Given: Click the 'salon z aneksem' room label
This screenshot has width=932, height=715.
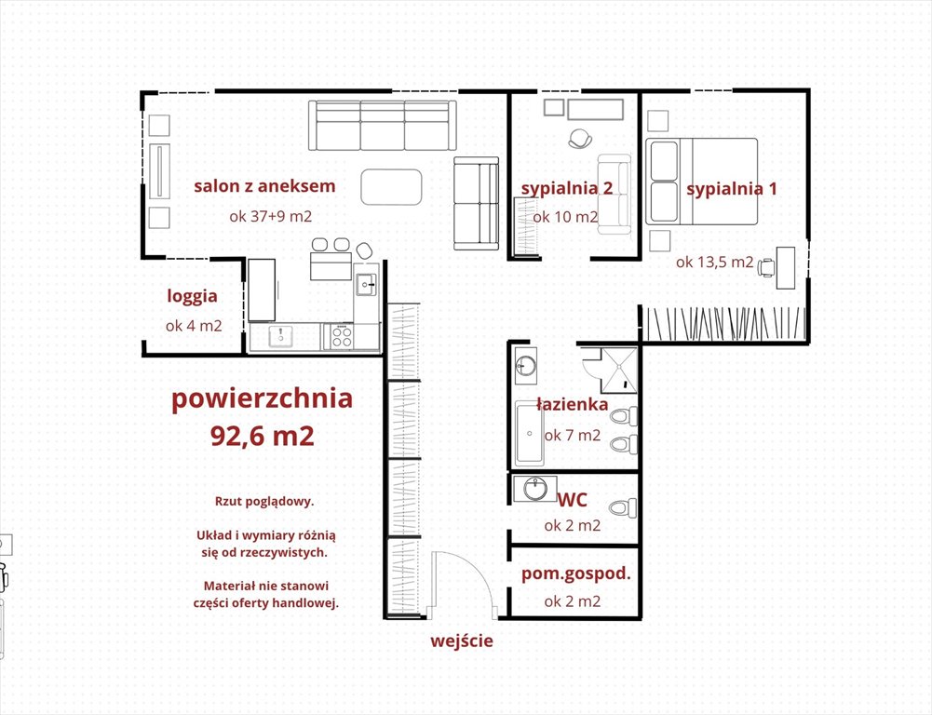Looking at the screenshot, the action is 264,186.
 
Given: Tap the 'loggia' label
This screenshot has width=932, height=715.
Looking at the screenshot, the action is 192,296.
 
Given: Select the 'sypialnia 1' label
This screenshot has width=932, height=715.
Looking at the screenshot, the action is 732,189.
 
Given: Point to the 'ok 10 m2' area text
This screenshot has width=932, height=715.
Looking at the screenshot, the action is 565,217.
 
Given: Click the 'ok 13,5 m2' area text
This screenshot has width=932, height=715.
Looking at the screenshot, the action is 714,262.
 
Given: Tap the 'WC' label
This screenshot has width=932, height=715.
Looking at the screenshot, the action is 573,500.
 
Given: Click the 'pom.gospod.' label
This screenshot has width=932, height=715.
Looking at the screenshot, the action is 576,574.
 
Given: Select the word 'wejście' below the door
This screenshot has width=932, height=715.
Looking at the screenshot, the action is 462,641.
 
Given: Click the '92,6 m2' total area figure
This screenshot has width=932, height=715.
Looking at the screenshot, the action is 263,436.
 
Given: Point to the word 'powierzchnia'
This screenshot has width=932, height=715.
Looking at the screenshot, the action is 263,398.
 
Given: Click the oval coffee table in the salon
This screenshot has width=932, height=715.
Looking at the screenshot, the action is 392,187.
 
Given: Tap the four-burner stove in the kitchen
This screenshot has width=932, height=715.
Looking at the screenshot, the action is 342,337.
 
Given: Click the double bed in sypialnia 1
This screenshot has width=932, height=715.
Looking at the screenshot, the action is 701,182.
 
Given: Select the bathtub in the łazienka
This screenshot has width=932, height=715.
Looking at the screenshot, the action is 530,433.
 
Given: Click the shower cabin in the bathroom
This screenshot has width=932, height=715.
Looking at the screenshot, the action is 619,371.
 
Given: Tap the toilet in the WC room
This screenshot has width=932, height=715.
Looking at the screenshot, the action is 624,508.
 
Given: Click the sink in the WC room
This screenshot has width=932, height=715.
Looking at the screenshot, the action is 535,489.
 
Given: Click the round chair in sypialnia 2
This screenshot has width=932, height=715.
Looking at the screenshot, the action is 579,139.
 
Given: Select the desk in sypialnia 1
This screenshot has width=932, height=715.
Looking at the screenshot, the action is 786,268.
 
